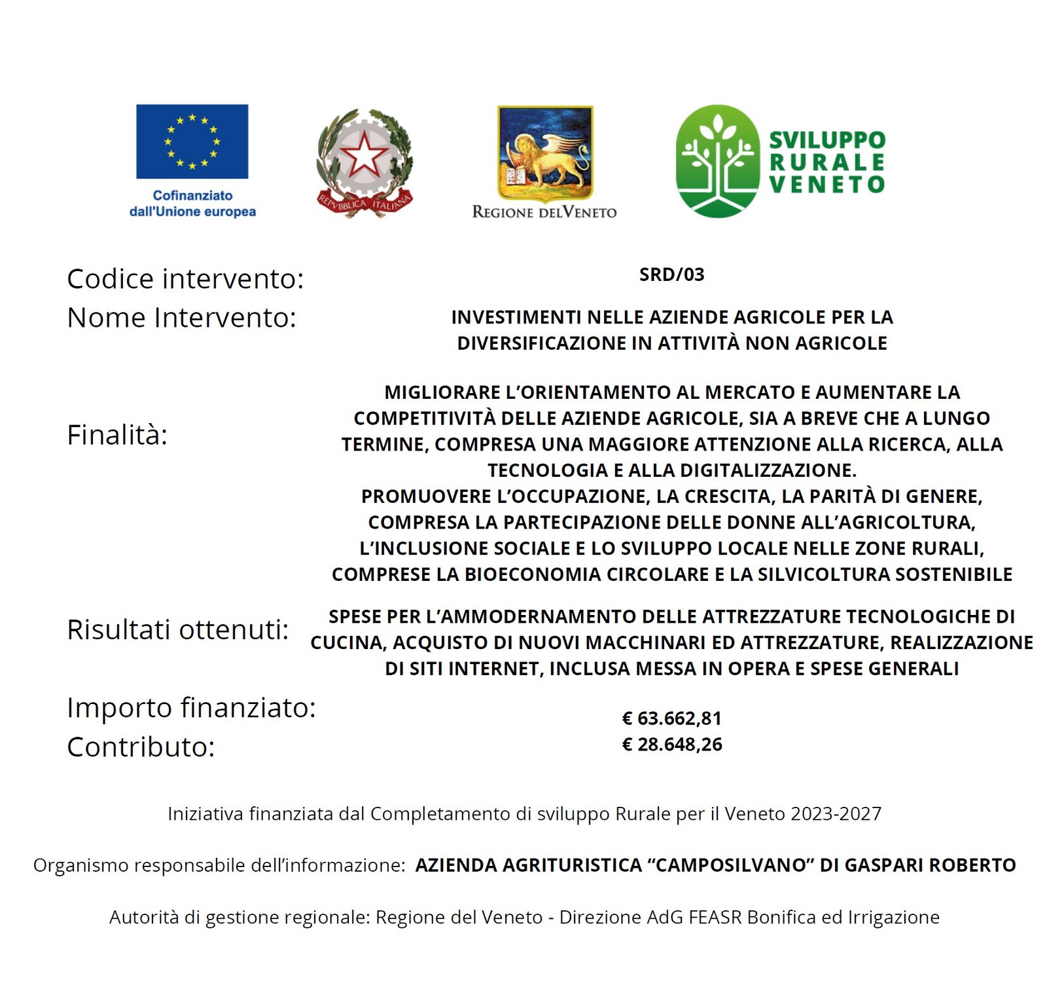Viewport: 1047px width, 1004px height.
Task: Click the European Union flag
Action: (x=192, y=141)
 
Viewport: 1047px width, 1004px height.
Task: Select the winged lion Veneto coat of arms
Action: (x=545, y=153)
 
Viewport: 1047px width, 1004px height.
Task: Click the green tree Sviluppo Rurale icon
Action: (x=717, y=161)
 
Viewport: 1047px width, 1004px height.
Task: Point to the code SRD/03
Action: (x=671, y=274)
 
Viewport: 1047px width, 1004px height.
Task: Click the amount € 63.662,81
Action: (x=671, y=718)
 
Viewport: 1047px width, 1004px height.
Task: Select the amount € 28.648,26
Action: (x=671, y=745)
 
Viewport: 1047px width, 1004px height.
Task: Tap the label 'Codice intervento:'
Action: (x=185, y=279)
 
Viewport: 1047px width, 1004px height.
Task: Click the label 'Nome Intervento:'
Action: (x=181, y=318)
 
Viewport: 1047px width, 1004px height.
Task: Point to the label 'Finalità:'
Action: (x=117, y=435)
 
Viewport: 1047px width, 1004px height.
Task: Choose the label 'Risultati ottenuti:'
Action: (x=177, y=629)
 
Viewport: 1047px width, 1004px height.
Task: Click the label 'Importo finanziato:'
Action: (x=191, y=707)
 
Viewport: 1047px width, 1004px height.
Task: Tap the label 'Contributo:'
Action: (x=141, y=747)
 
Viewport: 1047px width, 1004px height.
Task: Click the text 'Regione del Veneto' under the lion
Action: (x=544, y=212)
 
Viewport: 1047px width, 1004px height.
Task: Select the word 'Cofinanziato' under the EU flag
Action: (x=192, y=195)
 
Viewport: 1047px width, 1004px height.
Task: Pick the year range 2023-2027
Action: (x=836, y=813)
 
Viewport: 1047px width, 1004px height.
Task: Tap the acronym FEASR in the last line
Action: (x=715, y=917)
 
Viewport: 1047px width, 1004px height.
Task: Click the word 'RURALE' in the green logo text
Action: (x=826, y=162)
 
